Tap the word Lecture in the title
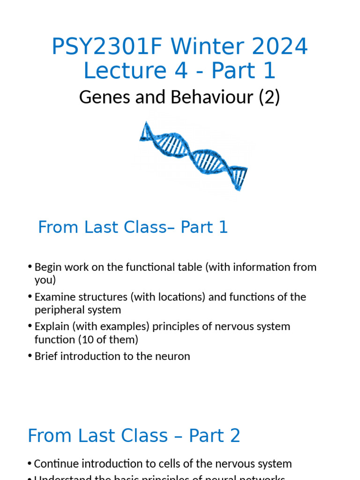click(123, 71)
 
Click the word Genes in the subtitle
click(99, 97)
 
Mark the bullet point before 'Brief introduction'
click(30, 356)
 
